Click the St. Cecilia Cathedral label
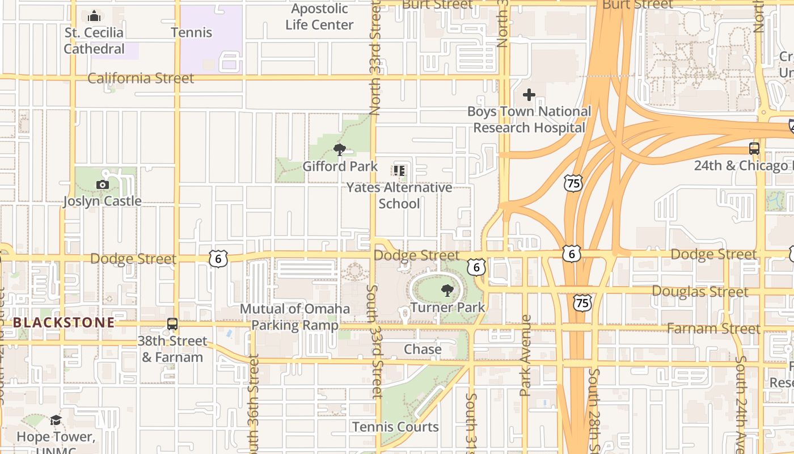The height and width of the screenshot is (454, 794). (94, 41)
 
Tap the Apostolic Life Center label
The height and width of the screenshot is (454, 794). (319, 17)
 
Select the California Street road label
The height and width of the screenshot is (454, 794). (141, 78)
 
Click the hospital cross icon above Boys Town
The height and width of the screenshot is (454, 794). (529, 95)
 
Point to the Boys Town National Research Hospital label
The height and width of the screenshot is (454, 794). (529, 119)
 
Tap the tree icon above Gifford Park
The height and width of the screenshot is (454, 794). (340, 150)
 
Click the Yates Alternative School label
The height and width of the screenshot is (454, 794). (399, 195)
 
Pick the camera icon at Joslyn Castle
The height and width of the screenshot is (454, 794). (103, 184)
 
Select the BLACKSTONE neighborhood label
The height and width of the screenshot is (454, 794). (64, 323)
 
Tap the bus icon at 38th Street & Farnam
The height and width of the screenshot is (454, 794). (172, 324)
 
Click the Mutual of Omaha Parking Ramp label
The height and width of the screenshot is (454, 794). (295, 317)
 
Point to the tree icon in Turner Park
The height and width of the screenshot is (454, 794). (447, 291)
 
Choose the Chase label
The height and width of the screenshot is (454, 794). (423, 349)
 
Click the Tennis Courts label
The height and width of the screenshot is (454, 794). (395, 427)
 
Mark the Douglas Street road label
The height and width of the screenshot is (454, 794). (708, 292)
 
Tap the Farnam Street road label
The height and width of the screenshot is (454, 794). (713, 329)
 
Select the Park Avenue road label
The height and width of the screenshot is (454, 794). (526, 355)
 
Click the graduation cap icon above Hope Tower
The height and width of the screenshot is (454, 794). (56, 420)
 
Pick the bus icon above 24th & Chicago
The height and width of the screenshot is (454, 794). (754, 149)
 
